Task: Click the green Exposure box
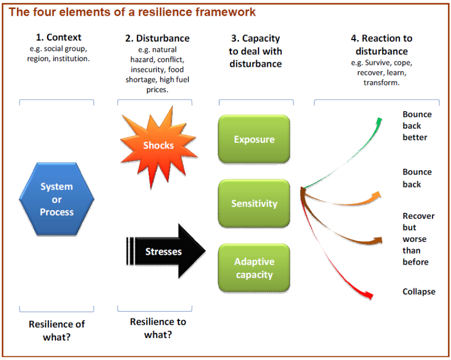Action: pos(254,140)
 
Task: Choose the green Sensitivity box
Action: pos(254,203)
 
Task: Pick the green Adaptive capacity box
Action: pos(254,268)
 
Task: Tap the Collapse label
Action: pos(419,291)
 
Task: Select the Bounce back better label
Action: pos(417,126)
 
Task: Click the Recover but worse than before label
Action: pos(418,239)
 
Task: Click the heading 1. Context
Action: pos(59,38)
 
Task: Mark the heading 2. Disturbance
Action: pos(157,38)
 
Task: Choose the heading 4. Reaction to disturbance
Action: pos(381,45)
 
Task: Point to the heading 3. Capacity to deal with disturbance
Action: pos(255,51)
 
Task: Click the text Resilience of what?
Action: pos(56,330)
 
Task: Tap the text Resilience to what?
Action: pos(158,328)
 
